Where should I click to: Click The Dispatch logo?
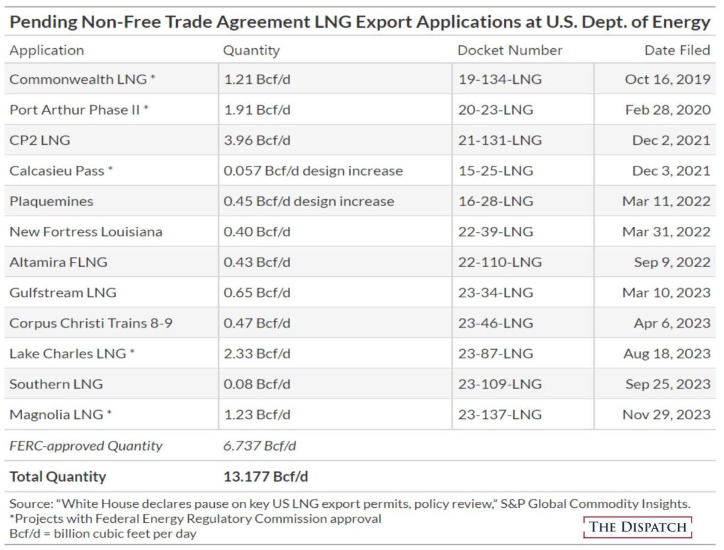(x=638, y=526)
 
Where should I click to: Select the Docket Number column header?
(x=509, y=51)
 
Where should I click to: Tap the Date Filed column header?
(x=677, y=51)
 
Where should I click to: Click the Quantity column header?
(x=251, y=51)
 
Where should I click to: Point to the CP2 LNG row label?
(x=40, y=141)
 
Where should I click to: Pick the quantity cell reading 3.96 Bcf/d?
(x=256, y=141)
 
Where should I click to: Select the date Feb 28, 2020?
(x=672, y=110)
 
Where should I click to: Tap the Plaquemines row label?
(x=51, y=201)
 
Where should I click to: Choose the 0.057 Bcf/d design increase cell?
(x=313, y=171)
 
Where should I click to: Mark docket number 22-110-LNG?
(x=500, y=262)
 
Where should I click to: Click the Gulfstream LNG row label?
(x=63, y=293)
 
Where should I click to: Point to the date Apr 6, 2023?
(x=672, y=323)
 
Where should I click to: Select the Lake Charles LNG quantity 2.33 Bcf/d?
(x=256, y=353)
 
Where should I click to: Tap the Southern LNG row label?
(x=56, y=384)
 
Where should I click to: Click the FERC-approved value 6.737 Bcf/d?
(x=259, y=446)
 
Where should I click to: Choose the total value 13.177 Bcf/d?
(x=265, y=476)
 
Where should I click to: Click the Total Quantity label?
(x=57, y=476)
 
